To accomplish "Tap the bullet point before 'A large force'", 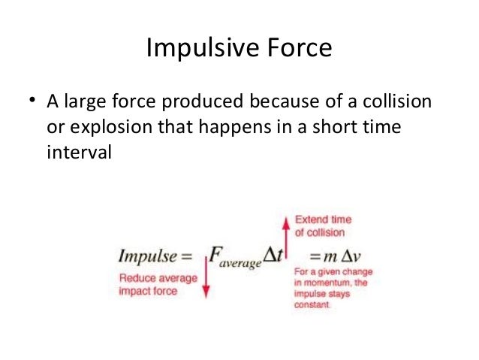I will point(32,101).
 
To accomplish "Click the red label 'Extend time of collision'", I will point(322,225).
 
